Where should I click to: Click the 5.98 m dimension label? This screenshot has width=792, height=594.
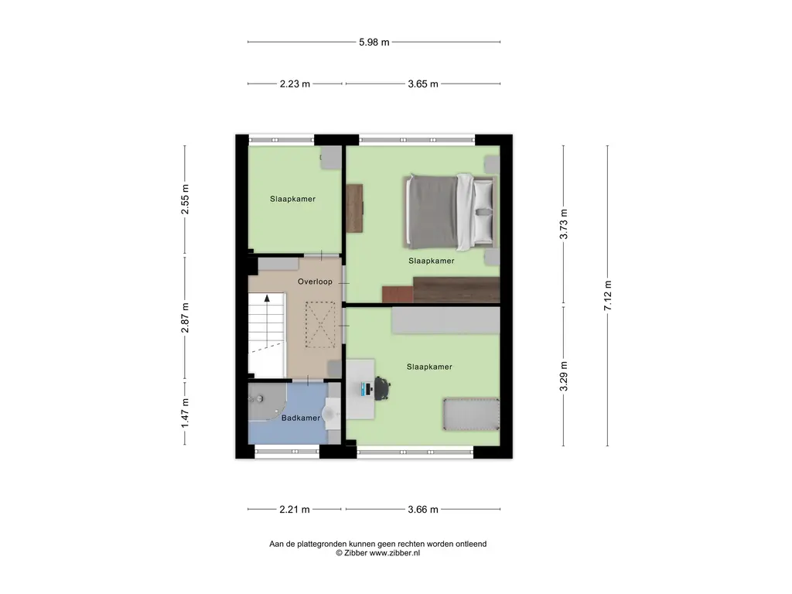pos(374,43)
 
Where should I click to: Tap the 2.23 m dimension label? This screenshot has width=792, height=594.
pos(295,84)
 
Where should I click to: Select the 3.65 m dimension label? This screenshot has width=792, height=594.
pos(423,84)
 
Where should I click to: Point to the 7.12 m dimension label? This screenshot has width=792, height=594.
pos(608,295)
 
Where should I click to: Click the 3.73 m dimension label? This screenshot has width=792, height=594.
pos(564,224)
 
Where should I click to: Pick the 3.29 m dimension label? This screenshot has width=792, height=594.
pos(564,376)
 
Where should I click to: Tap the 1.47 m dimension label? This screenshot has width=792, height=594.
pos(185,413)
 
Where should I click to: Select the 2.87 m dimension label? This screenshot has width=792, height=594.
pos(185,318)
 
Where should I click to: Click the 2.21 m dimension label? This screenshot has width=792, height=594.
pos(295,509)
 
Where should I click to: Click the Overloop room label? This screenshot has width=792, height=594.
pos(315,282)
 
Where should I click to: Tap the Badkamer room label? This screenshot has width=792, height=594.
pos(301,418)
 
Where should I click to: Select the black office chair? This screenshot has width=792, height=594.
pos(382,388)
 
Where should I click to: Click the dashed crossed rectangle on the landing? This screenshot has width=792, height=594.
pos(319,324)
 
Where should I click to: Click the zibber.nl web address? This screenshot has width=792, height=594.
pos(394,553)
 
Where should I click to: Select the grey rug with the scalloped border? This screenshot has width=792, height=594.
pos(471,415)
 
